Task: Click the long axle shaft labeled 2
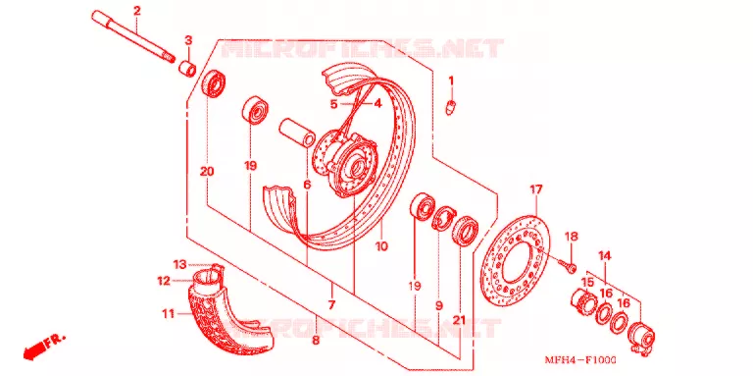pos(133,37)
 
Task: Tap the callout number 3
pos(188,40)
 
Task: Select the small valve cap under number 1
pos(450,108)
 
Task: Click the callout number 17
pos(536,189)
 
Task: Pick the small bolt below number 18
pos(568,265)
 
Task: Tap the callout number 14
pos(605,256)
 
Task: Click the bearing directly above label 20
pos(215,83)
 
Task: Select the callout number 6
pos(307,185)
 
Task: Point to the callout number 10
pos(381,246)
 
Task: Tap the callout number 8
pos(316,341)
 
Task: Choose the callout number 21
pos(460,320)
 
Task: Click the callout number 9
pos(439,305)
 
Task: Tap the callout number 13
pos(179,264)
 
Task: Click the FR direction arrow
pos(43,348)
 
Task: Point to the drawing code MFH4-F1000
pos(580,360)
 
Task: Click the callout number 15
pos(587,282)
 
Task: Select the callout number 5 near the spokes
pos(333,103)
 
